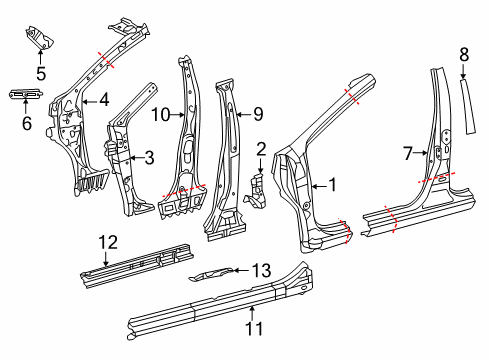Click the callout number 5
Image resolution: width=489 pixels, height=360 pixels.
click(x=41, y=74)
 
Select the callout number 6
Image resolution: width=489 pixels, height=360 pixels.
click(x=27, y=123)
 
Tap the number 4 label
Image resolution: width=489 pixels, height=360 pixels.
click(x=104, y=100)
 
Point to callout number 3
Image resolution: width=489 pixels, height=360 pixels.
click(x=149, y=158)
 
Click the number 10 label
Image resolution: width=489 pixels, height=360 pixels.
click(x=161, y=115)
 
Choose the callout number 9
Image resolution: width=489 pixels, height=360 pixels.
click(x=258, y=114)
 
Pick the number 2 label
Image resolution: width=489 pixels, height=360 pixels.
click(x=261, y=149)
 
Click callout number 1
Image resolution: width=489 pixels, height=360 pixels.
click(x=332, y=185)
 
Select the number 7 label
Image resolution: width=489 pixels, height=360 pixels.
click(x=408, y=154)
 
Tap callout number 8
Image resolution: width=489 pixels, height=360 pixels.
click(x=464, y=55)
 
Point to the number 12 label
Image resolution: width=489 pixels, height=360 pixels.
click(x=108, y=242)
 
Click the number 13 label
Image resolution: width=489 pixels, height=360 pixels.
click(x=261, y=270)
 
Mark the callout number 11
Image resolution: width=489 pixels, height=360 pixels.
click(x=254, y=328)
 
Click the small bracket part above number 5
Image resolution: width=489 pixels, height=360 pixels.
click(x=40, y=37)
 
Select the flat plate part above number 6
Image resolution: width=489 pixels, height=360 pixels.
click(x=26, y=94)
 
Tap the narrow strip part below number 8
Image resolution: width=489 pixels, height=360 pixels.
click(x=468, y=106)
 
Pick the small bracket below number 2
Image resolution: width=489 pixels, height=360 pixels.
click(x=256, y=191)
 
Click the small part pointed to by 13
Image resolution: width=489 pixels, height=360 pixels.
click(x=210, y=274)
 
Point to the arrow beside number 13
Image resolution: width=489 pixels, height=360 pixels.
click(x=241, y=270)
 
